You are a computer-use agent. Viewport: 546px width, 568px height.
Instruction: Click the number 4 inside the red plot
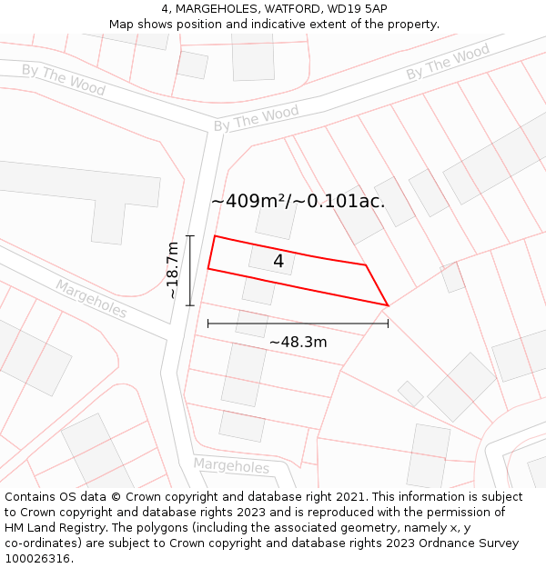pyautogui.click(x=278, y=262)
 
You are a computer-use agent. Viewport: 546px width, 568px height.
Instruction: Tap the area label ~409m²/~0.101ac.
pyautogui.click(x=298, y=202)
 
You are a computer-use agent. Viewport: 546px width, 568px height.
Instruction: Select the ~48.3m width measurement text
pyautogui.click(x=298, y=343)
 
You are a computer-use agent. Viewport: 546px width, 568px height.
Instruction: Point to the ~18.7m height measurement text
pyautogui.click(x=173, y=270)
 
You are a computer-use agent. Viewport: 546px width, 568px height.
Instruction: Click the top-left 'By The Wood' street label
pyautogui.click(x=64, y=80)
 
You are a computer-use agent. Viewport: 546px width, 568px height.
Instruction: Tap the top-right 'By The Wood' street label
pyautogui.click(x=448, y=62)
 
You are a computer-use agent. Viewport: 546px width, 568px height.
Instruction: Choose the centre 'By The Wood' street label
pyautogui.click(x=256, y=118)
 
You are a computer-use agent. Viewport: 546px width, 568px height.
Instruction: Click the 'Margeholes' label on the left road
pyautogui.click(x=91, y=298)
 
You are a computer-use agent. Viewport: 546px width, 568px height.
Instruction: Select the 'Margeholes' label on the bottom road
pyautogui.click(x=231, y=466)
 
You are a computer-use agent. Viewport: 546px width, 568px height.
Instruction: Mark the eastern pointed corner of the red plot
pyautogui.click(x=388, y=305)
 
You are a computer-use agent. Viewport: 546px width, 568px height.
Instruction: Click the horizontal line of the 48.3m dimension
pyautogui.click(x=298, y=323)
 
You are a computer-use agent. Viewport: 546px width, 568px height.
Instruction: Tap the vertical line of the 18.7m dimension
pyautogui.click(x=190, y=270)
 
